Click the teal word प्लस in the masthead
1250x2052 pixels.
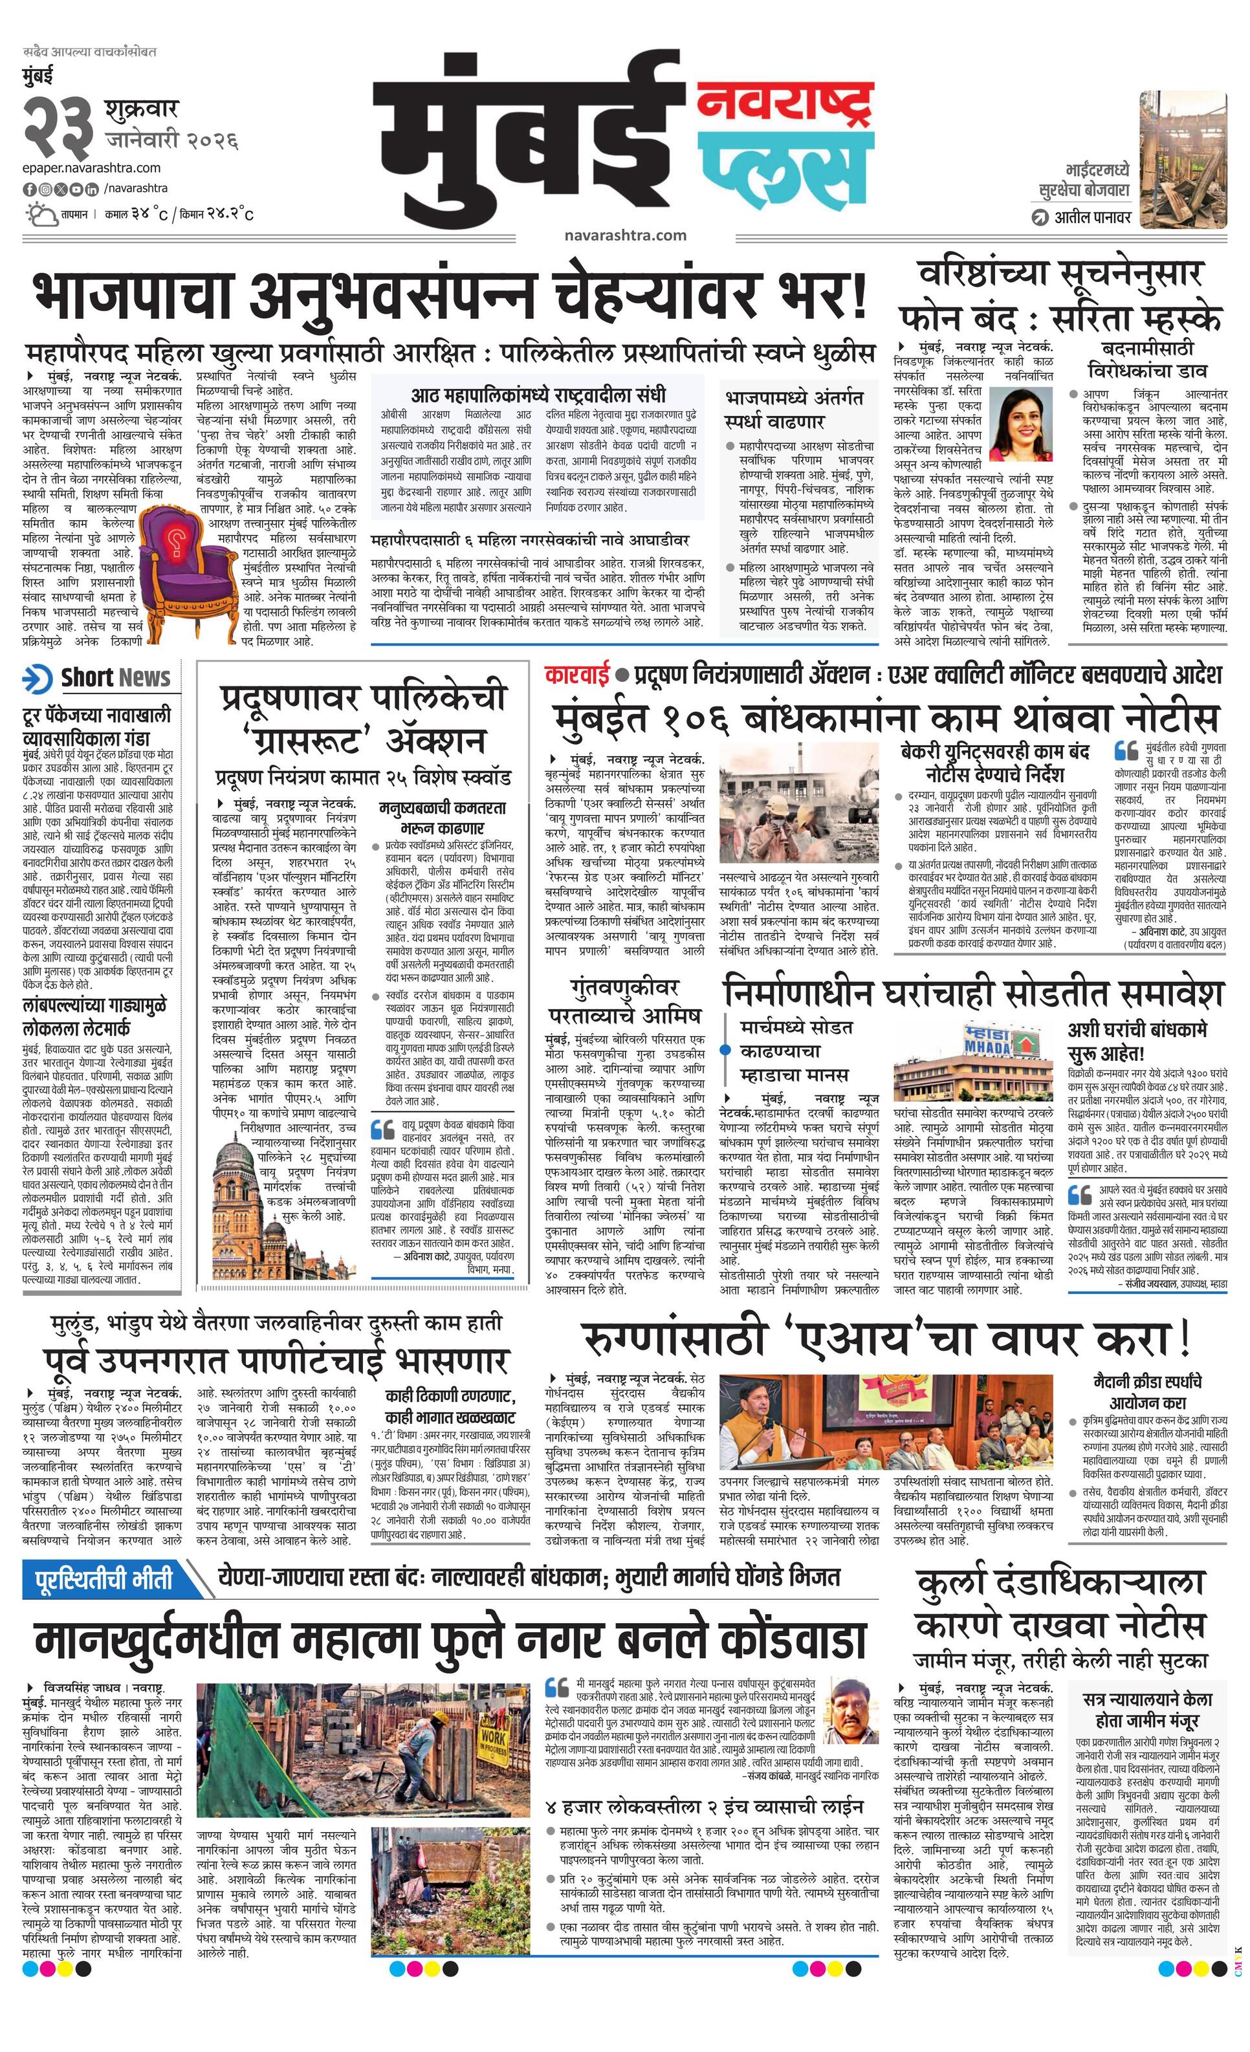click(x=785, y=166)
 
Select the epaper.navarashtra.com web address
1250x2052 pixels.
click(x=92, y=168)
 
